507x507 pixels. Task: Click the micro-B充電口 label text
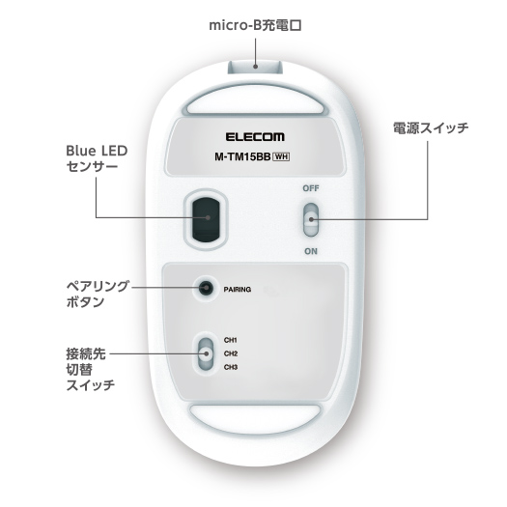(256, 25)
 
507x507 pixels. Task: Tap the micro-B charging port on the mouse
(255, 67)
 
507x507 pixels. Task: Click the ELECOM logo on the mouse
(255, 137)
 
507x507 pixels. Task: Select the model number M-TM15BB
(242, 156)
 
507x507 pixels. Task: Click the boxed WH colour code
(281, 156)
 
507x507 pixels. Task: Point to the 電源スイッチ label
(431, 128)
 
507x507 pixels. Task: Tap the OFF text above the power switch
(311, 188)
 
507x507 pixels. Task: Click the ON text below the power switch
(311, 251)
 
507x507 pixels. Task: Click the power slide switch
(311, 219)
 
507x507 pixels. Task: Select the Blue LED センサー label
(97, 158)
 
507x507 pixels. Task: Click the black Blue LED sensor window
(206, 219)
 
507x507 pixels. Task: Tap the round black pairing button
(206, 288)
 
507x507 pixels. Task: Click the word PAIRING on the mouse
(238, 290)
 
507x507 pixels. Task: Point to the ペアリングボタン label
(98, 294)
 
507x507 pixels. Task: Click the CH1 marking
(231, 340)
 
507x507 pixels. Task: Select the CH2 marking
(231, 353)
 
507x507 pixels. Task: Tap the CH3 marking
(231, 367)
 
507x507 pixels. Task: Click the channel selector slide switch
(206, 353)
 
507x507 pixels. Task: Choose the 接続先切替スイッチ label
(91, 369)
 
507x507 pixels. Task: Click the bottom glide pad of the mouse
(255, 418)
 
